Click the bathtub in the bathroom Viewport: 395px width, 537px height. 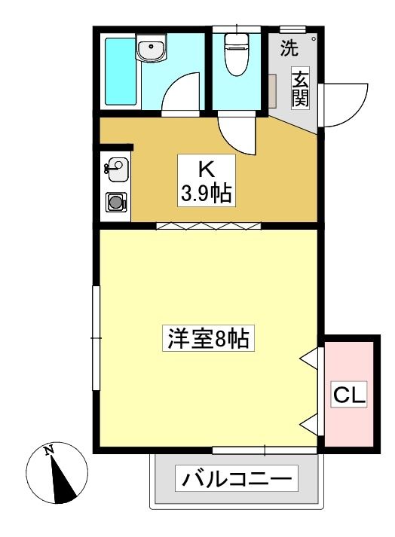[x=120, y=72]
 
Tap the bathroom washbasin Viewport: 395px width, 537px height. [x=151, y=48]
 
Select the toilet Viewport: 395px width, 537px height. [x=236, y=54]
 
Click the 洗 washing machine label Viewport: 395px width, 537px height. [x=289, y=48]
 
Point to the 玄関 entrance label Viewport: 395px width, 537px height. [x=300, y=88]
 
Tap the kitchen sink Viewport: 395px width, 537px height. [x=117, y=169]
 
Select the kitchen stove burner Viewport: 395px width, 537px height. [x=116, y=203]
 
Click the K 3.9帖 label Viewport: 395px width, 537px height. [x=206, y=181]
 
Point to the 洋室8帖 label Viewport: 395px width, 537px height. [x=208, y=338]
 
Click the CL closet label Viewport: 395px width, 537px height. [x=349, y=395]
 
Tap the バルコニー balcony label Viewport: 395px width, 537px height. [x=237, y=478]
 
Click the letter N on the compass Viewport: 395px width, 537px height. [x=50, y=450]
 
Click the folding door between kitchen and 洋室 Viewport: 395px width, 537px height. [x=209, y=226]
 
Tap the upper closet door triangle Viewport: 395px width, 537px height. [x=308, y=359]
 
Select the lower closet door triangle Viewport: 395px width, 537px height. [x=308, y=425]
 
